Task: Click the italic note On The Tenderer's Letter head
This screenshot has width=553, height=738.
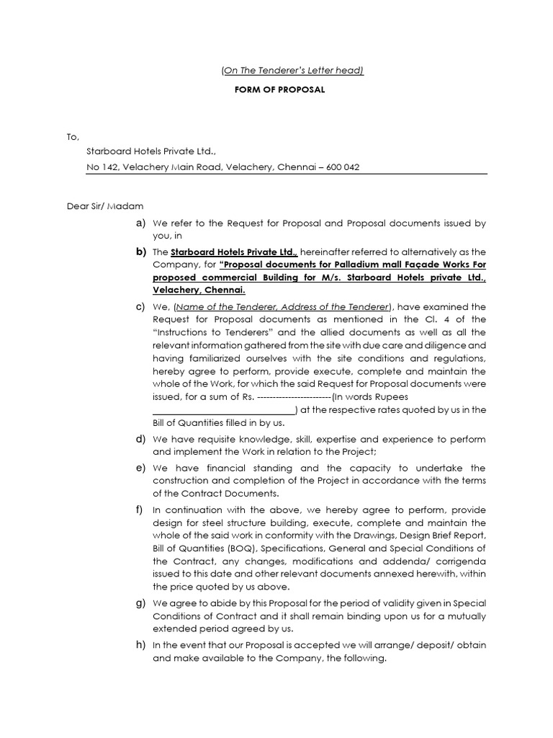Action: [x=292, y=70]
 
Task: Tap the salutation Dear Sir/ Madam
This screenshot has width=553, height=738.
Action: [x=104, y=206]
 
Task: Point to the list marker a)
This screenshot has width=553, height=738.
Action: [x=140, y=223]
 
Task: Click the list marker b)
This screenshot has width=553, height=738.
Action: [x=140, y=252]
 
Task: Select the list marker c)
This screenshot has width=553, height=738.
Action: [x=140, y=306]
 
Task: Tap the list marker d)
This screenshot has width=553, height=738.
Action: [x=140, y=439]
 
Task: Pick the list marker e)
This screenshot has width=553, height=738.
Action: [x=140, y=468]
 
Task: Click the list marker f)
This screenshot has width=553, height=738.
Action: [x=139, y=510]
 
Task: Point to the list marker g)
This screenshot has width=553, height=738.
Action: [x=140, y=603]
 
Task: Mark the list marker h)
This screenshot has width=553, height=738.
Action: [x=140, y=644]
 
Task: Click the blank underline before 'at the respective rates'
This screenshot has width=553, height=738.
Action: [x=225, y=410]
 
